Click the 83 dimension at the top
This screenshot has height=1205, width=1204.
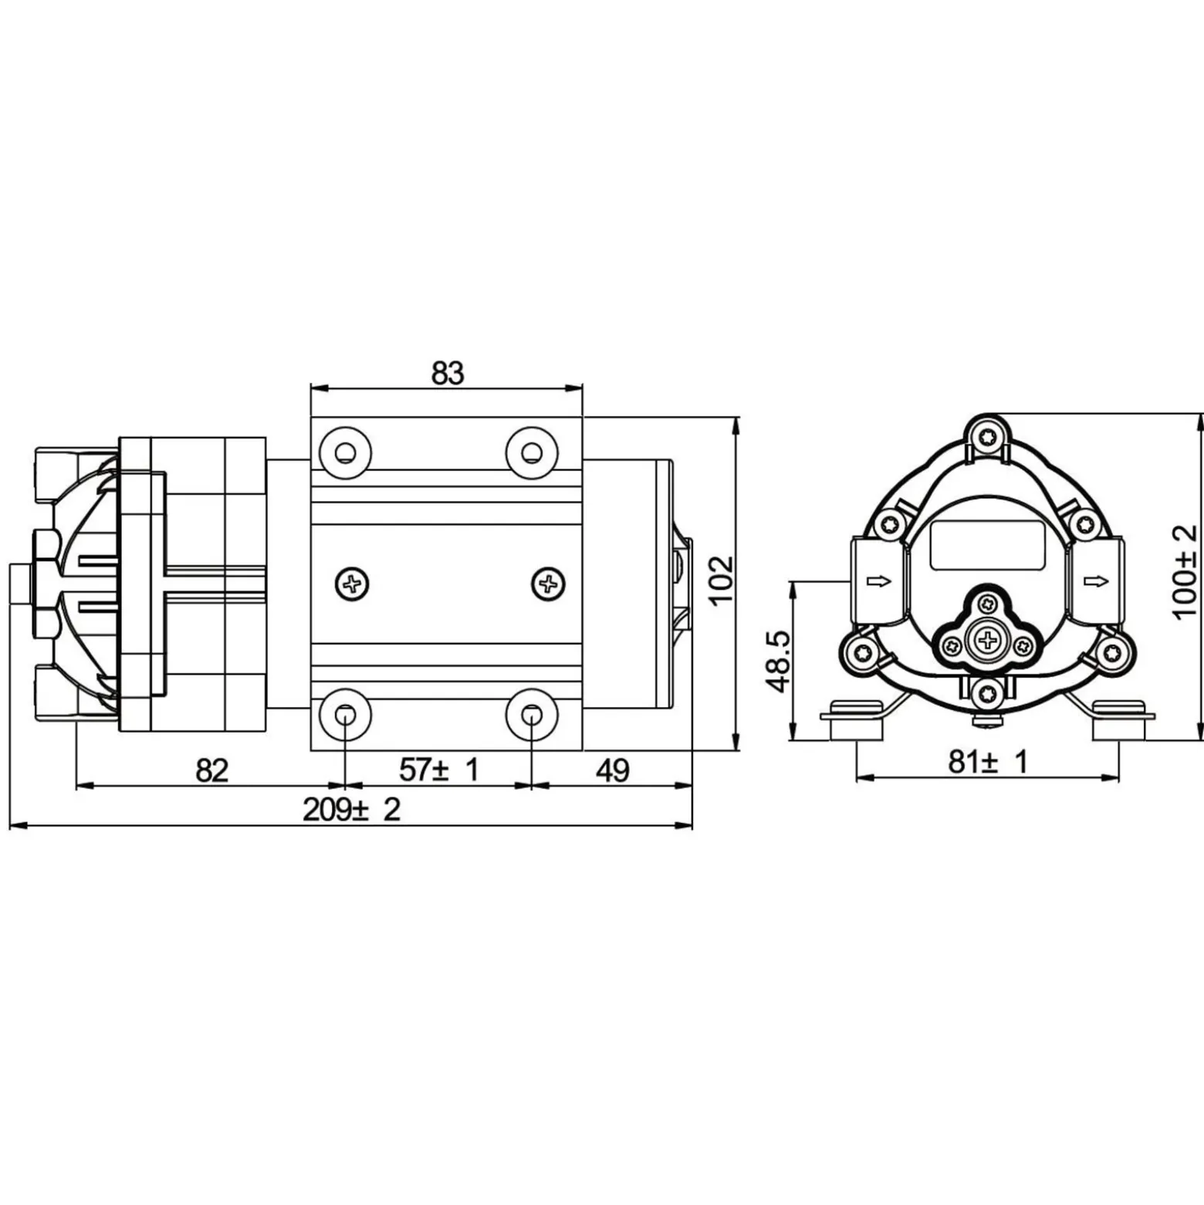click(448, 374)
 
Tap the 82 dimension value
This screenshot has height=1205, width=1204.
click(212, 770)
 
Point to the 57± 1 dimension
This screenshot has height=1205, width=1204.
click(439, 769)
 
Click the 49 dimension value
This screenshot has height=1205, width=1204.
click(613, 770)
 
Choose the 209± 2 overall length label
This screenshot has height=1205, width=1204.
click(352, 810)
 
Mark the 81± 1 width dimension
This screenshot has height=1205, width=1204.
click(989, 762)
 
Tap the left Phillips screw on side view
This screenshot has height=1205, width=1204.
click(353, 584)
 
